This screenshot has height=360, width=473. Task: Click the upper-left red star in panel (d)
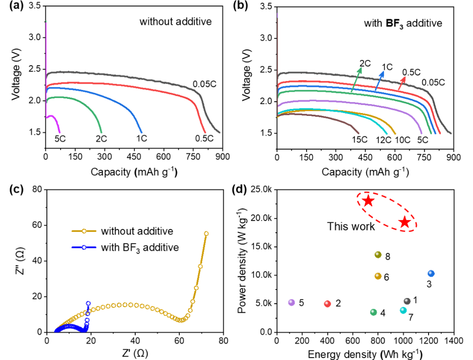[368, 201]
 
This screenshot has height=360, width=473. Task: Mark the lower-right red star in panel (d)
[404, 222]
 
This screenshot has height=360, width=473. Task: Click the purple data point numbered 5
[291, 302]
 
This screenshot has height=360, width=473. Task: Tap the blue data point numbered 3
[431, 273]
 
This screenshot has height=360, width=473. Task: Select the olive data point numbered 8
[378, 255]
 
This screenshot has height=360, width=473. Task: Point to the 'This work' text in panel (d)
[351, 227]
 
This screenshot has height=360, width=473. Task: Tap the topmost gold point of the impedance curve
[206, 234]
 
